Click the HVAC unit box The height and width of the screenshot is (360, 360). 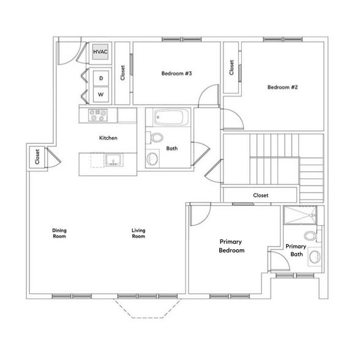point(100,53)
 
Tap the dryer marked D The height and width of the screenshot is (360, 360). point(100,79)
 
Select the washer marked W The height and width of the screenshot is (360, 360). point(100,95)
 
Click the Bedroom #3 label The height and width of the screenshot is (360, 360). point(177,73)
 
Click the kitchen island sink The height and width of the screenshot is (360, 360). point(112,161)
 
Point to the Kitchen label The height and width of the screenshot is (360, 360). point(108,138)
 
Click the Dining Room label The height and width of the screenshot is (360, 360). point(59,233)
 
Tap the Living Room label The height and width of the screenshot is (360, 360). point(139,233)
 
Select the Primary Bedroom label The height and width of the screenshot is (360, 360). point(231,246)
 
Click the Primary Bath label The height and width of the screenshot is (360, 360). point(296,250)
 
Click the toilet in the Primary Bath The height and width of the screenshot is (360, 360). point(310,236)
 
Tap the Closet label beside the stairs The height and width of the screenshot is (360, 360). point(261,195)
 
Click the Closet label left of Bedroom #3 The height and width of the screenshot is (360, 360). point(123,73)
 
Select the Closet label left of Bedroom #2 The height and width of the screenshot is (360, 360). point(231,67)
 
